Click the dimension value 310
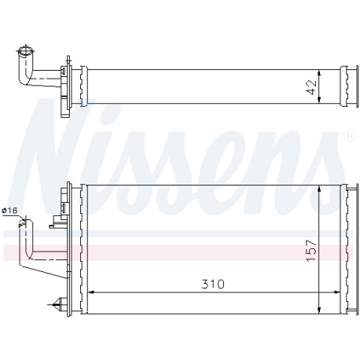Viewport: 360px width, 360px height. pyautogui.click(x=213, y=284)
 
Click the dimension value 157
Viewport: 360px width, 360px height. pyautogui.click(x=311, y=250)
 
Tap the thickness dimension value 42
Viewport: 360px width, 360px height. pyautogui.click(x=311, y=87)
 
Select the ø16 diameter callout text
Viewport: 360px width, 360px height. pyautogui.click(x=9, y=210)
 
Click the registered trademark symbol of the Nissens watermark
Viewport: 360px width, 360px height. pyautogui.click(x=350, y=135)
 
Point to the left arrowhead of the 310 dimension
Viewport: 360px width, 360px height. pyautogui.click(x=90, y=292)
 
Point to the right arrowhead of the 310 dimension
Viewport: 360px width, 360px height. pyautogui.click(x=337, y=292)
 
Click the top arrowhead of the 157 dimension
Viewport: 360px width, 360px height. pyautogui.click(x=319, y=189)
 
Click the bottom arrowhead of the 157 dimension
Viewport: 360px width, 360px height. pyautogui.click(x=319, y=310)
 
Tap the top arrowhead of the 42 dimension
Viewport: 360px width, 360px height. pyautogui.click(x=319, y=73)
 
